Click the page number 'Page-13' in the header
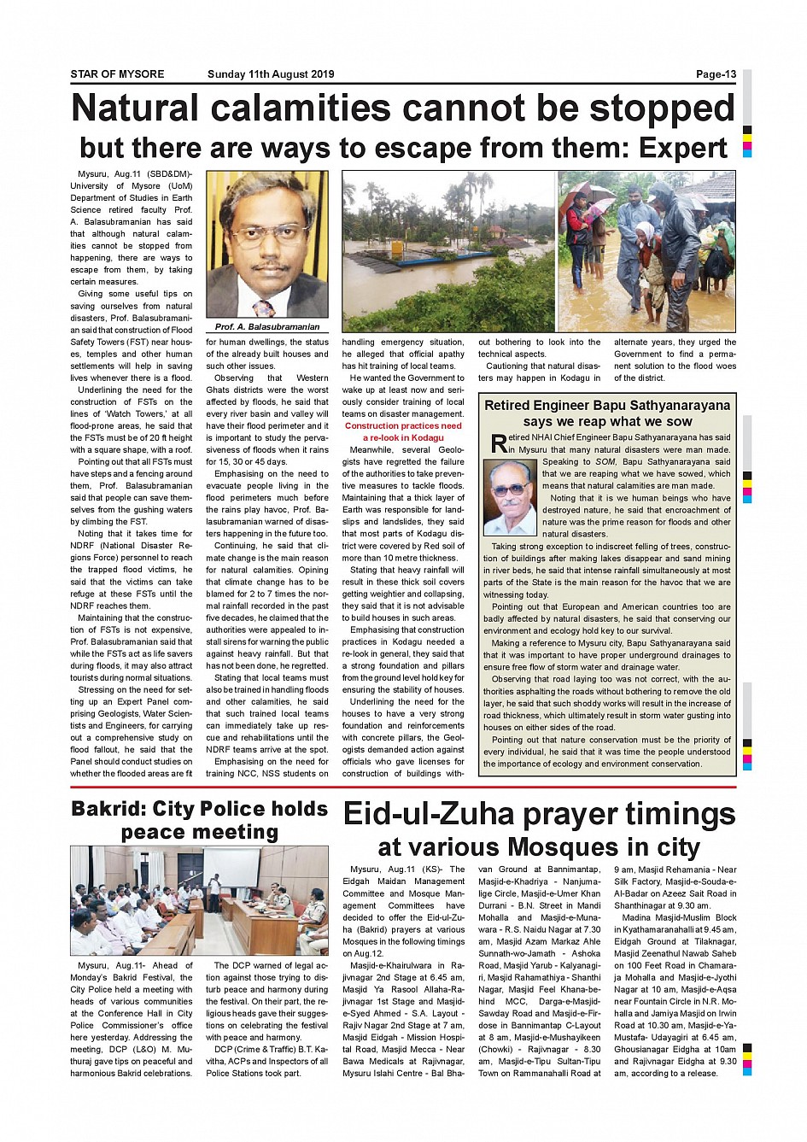pos(716,74)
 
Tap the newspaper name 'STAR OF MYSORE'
pos(117,74)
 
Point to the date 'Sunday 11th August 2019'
pos(271,74)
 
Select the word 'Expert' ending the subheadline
pos(683,149)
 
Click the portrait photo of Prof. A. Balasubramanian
pos(267,245)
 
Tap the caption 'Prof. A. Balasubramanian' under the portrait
pos(267,327)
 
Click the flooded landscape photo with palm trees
pos(448,251)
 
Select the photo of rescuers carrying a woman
pos(647,251)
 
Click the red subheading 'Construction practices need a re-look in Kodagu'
pos(403,431)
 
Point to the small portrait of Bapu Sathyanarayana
pos(510,497)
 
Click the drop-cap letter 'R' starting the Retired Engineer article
pos(499,443)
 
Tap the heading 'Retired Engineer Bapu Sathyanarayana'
pos(607,406)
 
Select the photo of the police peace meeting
pos(199,900)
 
